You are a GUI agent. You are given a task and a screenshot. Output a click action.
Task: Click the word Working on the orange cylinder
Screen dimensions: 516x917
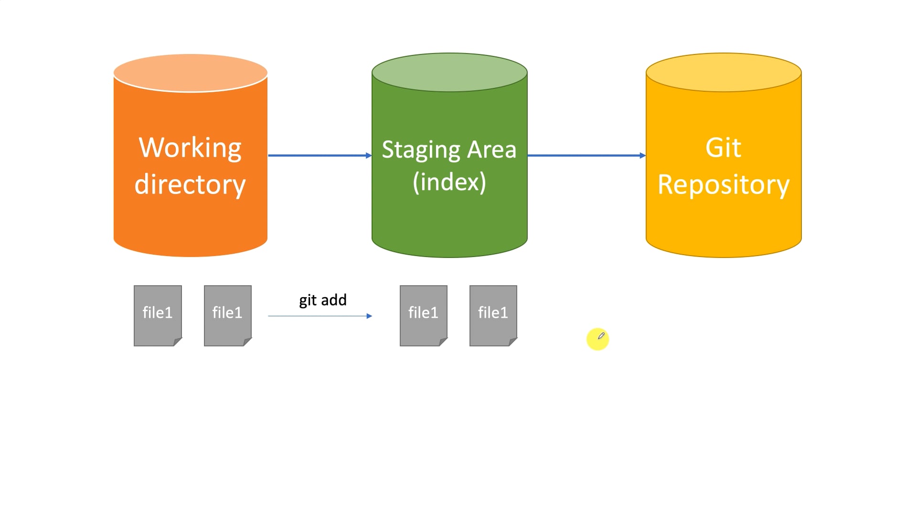[190, 148]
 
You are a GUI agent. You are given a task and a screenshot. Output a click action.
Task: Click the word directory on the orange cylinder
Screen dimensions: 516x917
[190, 184]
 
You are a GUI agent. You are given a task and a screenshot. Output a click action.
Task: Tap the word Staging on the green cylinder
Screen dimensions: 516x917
[421, 150]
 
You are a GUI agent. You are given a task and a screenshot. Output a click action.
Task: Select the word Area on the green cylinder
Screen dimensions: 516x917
[491, 150]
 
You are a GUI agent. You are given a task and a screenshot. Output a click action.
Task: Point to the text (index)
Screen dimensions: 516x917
[449, 182]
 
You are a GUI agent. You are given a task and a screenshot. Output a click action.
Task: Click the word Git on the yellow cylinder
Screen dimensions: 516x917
[723, 148]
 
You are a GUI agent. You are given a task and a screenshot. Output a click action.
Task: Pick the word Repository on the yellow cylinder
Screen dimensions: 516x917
[723, 184]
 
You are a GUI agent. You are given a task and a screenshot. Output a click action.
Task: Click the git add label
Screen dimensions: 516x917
[322, 300]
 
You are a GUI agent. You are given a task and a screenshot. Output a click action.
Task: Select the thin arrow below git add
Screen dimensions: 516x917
[320, 316]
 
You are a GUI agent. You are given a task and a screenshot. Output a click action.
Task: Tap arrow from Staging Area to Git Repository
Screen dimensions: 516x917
[586, 155]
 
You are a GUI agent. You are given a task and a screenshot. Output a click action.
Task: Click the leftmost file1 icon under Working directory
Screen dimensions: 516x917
[158, 315]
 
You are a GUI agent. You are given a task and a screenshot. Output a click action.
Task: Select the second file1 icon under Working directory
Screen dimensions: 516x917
[227, 315]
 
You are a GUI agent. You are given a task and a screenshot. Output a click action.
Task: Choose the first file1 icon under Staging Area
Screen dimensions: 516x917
[423, 315]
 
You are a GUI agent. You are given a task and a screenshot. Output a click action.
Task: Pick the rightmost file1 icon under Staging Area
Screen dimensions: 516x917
[493, 315]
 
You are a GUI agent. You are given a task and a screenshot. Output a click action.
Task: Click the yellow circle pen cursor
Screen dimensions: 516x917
[597, 339]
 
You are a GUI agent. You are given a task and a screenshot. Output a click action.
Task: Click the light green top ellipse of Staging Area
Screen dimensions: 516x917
[449, 72]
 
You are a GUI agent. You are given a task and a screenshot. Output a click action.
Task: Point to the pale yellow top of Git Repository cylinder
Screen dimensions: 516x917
[723, 72]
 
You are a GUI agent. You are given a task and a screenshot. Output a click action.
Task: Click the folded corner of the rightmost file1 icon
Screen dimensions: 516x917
[513, 342]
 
